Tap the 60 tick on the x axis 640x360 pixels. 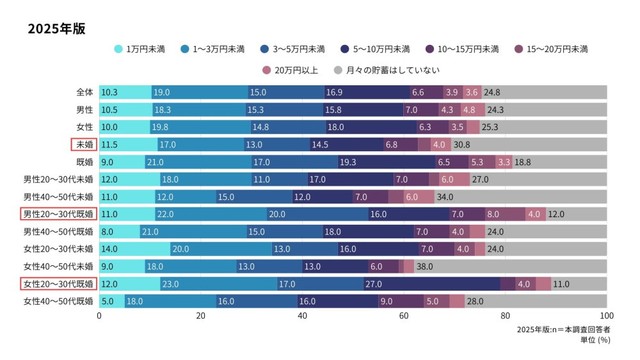(x=404, y=316)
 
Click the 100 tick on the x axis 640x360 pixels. (x=606, y=316)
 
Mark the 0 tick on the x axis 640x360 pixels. (x=99, y=316)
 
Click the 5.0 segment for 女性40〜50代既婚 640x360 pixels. (x=108, y=301)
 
